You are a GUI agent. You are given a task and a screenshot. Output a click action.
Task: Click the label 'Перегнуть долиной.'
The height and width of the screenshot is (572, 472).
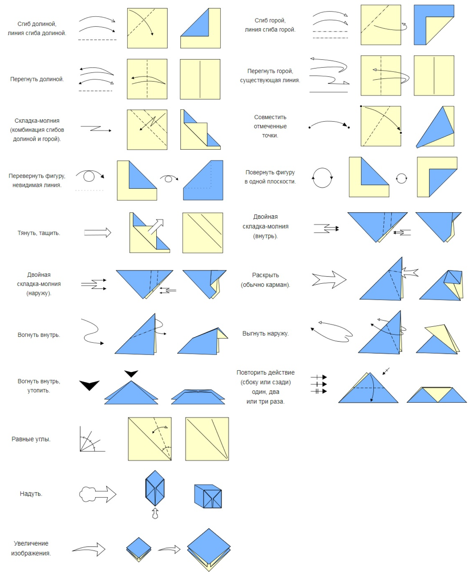click(x=37, y=79)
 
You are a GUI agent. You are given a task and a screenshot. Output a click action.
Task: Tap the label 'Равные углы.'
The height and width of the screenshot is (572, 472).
click(x=31, y=439)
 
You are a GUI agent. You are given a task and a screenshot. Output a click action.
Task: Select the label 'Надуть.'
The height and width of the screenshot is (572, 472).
click(x=31, y=494)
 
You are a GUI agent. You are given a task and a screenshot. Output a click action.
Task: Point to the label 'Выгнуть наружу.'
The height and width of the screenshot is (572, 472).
click(x=265, y=333)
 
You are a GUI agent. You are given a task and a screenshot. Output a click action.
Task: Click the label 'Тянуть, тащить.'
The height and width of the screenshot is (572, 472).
click(x=39, y=233)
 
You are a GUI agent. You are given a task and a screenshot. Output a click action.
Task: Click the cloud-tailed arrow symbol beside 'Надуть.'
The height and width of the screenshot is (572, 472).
click(x=98, y=494)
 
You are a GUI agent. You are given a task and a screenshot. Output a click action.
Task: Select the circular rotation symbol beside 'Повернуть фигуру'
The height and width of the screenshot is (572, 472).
click(x=322, y=178)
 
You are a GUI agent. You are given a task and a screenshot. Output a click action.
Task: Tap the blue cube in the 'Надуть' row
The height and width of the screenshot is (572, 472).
click(x=208, y=496)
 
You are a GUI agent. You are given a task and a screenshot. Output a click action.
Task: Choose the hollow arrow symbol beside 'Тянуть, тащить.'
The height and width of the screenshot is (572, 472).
click(x=98, y=232)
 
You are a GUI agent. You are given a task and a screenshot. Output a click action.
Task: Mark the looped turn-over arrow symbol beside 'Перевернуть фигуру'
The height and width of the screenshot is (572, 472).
click(x=90, y=176)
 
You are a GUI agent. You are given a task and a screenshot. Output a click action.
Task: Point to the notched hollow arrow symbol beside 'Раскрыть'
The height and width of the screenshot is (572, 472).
click(x=329, y=279)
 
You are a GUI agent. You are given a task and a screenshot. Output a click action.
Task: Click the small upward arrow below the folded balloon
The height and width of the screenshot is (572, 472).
click(x=155, y=513)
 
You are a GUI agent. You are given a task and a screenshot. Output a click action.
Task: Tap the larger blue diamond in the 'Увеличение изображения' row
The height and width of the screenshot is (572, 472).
click(x=209, y=548)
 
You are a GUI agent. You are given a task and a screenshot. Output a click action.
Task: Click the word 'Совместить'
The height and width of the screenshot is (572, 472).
click(x=270, y=117)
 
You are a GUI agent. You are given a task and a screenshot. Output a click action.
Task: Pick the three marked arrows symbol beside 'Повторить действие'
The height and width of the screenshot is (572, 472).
click(x=319, y=384)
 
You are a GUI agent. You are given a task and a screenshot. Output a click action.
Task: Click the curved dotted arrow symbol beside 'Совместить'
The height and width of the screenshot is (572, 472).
click(x=329, y=124)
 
